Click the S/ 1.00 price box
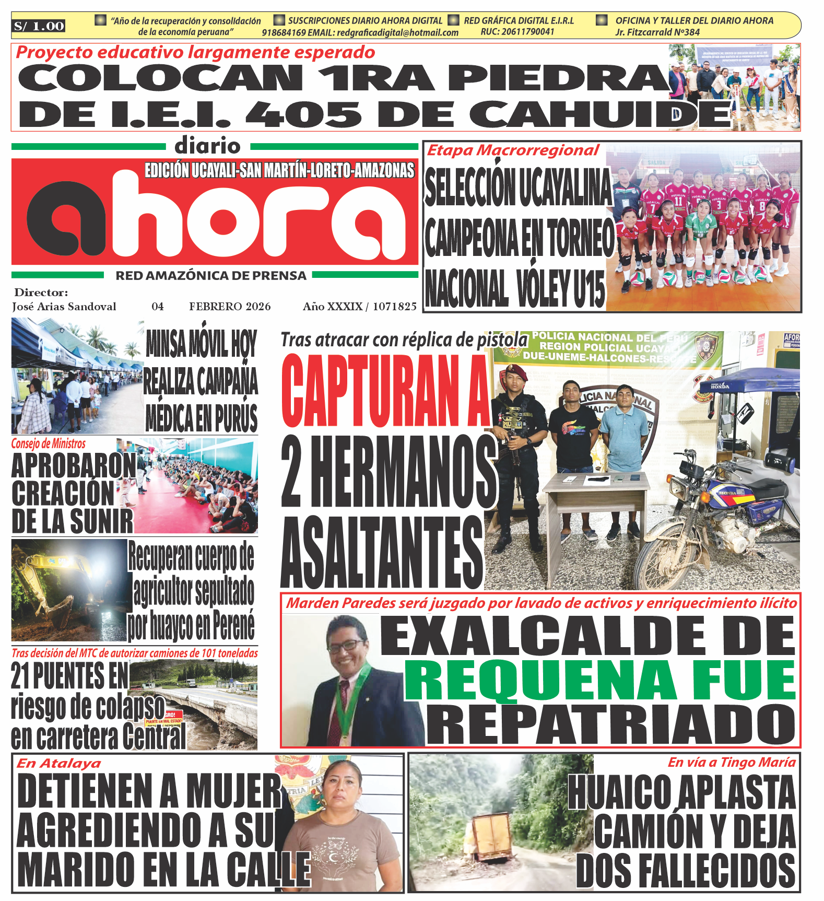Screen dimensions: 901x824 tap(39, 26)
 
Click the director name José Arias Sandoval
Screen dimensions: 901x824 tap(64, 307)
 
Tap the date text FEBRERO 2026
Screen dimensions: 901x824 tap(230, 307)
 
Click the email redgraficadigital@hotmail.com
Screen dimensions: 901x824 tap(397, 32)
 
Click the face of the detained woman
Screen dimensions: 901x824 tap(342, 786)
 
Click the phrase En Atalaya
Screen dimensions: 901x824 tap(59, 763)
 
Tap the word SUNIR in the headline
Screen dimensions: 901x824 tap(102, 521)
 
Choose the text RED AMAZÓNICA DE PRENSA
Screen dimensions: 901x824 tap(211, 276)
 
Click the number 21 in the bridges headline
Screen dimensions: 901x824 tap(21, 676)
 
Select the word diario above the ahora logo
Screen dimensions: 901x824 tap(207, 146)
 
